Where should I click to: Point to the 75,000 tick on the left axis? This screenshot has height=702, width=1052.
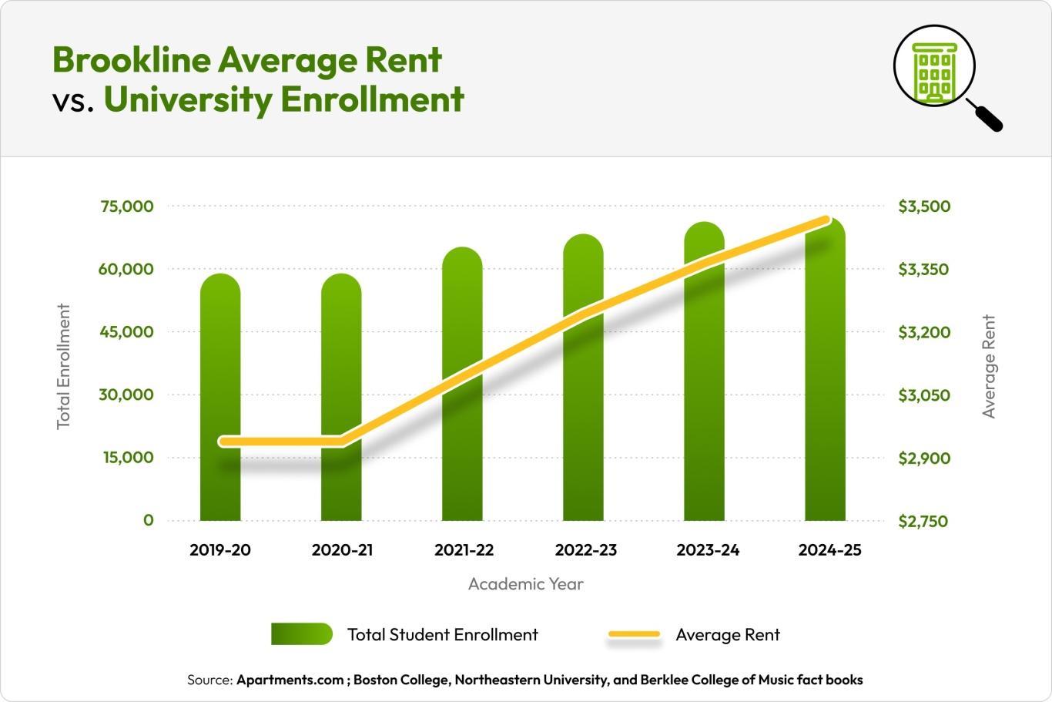(127, 207)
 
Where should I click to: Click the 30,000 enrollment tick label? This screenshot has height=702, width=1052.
(127, 395)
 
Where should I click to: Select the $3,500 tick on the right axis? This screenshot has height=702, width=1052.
(924, 207)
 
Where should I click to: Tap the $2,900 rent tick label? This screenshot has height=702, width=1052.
(924, 458)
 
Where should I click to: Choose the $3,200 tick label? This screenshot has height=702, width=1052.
(924, 332)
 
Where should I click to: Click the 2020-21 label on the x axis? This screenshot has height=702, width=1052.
(342, 550)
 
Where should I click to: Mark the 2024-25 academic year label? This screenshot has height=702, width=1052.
(829, 550)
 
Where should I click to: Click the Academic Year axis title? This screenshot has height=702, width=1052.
(526, 584)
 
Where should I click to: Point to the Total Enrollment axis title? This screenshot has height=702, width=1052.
(64, 366)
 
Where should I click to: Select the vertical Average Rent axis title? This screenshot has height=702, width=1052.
(989, 366)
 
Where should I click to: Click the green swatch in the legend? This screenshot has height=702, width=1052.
(302, 634)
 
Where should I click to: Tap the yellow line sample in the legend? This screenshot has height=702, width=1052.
(635, 634)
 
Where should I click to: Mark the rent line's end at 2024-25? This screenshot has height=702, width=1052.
(826, 221)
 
